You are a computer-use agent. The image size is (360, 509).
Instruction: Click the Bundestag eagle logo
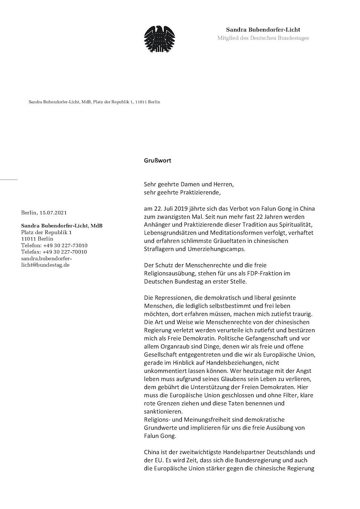tap(159, 39)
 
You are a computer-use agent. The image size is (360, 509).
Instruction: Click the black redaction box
tap(62, 124)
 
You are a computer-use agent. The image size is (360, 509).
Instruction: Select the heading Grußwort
tap(157, 160)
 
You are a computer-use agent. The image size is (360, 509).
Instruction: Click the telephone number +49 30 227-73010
tap(65, 245)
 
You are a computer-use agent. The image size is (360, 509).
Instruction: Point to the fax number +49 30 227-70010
tap(65, 252)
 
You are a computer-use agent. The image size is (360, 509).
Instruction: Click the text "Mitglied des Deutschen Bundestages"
tap(263, 38)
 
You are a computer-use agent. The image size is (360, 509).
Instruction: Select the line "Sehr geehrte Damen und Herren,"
tap(189, 184)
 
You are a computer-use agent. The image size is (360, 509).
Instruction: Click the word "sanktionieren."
tap(163, 411)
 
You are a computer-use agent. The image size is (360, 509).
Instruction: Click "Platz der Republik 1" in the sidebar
tap(46, 232)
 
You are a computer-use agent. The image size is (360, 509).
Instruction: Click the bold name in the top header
tap(263, 29)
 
